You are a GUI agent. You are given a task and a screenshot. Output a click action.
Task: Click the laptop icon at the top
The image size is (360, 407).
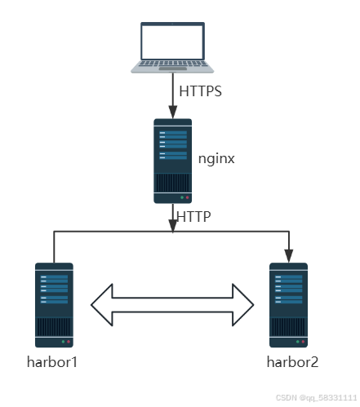pos(172,46)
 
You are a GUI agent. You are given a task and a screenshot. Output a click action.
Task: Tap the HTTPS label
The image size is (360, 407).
pos(200,91)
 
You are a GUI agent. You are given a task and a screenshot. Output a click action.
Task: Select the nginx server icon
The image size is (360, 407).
pos(172,160)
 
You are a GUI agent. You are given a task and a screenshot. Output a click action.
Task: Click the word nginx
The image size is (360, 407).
pos(216,159)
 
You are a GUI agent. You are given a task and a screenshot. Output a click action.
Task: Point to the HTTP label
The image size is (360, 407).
pos(193,216)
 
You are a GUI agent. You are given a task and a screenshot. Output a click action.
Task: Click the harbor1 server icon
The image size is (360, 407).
pos(54,304)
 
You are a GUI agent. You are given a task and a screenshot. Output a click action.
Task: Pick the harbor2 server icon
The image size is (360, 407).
pos(288,304)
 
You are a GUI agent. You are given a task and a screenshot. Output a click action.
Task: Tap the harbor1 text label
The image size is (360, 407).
pos(53,361)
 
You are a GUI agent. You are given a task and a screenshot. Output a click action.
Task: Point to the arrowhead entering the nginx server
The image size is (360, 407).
pos(172,113)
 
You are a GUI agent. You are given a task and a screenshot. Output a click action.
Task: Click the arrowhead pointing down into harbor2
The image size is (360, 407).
pos(288,256)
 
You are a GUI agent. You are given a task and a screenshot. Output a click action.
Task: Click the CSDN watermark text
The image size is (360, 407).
pos(315,397)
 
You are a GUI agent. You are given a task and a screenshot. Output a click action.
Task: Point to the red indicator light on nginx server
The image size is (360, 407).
pos(187,197)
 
